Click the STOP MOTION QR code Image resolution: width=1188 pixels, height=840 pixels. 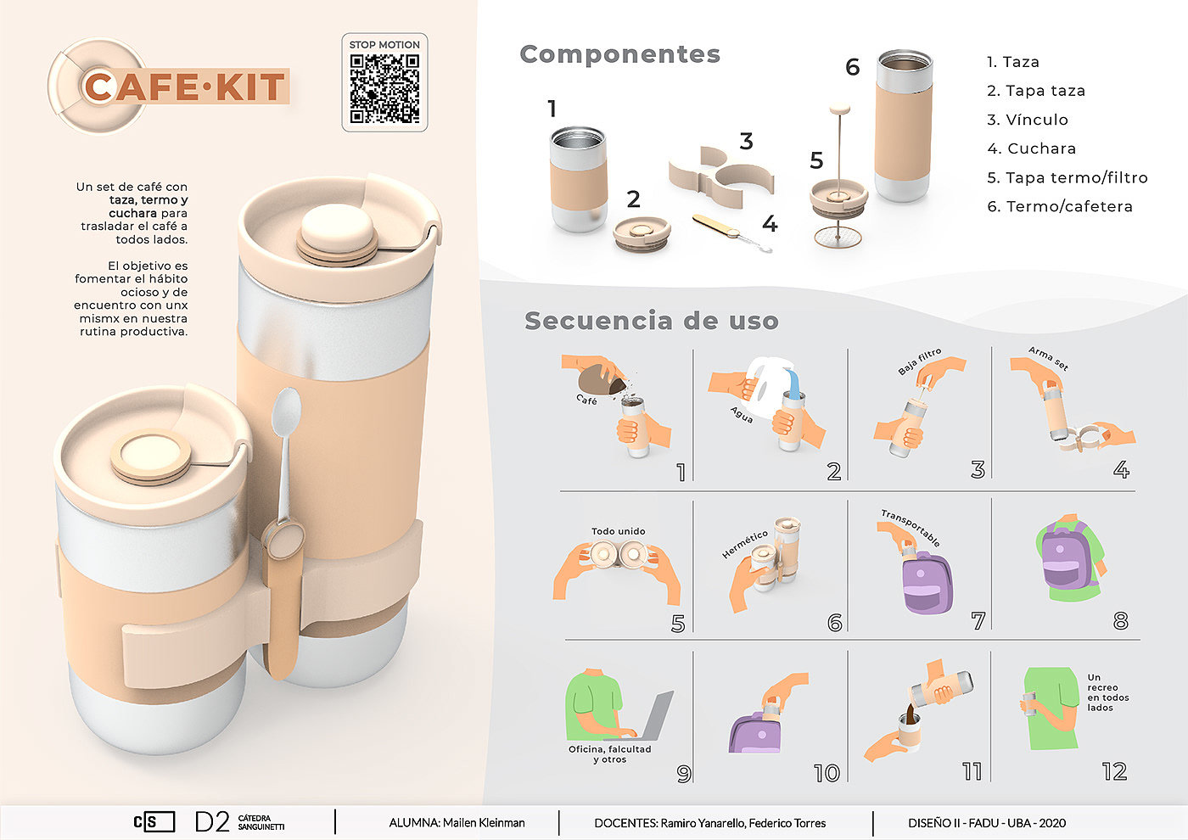(384, 89)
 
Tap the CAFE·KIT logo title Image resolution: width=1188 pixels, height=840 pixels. (185, 87)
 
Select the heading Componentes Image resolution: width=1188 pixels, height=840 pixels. (620, 54)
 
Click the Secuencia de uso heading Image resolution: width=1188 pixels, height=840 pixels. (652, 321)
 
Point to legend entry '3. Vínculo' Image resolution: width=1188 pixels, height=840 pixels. (1028, 120)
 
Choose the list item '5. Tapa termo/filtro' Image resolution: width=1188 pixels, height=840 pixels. (1068, 177)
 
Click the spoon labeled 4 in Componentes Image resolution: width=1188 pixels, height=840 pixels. (731, 232)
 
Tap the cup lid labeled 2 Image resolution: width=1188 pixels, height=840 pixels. (642, 234)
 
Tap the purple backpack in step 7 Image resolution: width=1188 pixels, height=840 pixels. (927, 583)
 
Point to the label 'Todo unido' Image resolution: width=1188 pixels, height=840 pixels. (619, 531)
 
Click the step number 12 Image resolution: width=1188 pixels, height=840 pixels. (1114, 771)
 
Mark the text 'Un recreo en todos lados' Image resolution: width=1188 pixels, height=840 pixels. (1107, 692)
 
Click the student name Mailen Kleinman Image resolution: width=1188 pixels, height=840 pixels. (484, 822)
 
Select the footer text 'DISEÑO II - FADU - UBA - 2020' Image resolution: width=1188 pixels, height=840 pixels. (986, 823)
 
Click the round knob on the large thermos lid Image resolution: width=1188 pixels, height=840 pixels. (338, 227)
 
